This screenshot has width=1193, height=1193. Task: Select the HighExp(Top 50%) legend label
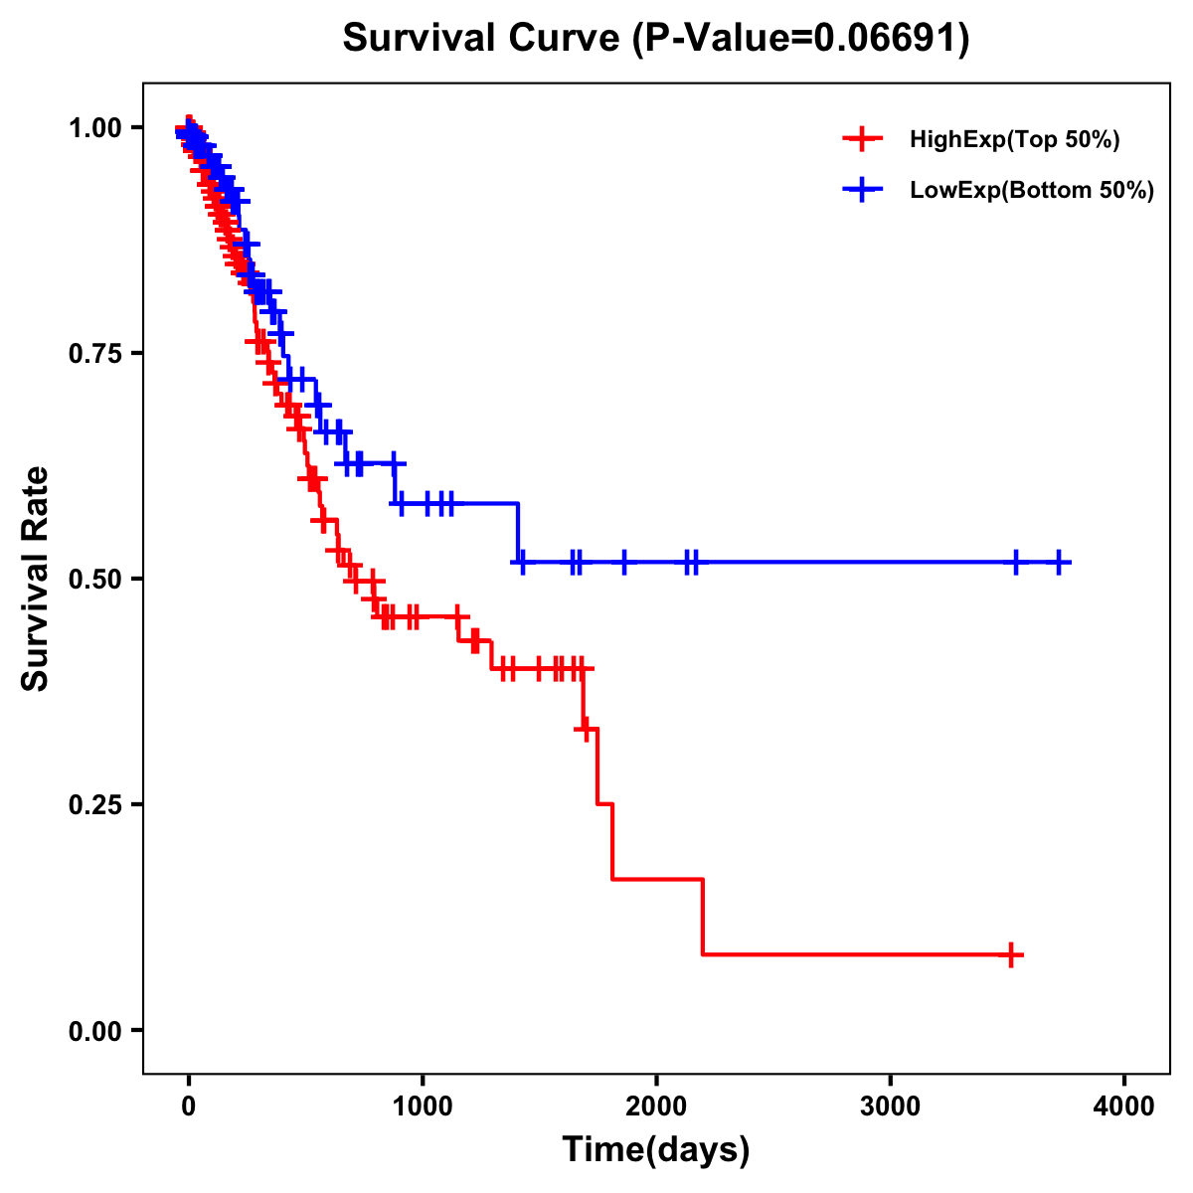tap(1014, 139)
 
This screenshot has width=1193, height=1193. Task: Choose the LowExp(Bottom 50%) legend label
tap(1032, 191)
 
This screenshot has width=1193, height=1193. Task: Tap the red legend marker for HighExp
tap(861, 139)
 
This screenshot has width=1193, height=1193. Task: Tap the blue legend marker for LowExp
tap(861, 191)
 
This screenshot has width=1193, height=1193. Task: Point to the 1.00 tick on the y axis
tap(96, 128)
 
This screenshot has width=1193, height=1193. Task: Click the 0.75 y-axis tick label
tap(96, 354)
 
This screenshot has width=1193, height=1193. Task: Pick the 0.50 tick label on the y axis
tap(96, 580)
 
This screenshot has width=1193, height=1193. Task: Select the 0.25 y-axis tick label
tap(96, 805)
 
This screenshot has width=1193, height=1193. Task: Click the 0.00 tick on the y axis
tap(96, 1031)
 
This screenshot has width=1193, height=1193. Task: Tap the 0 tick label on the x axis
tap(189, 1107)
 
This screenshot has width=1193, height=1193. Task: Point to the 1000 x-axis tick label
tap(423, 1107)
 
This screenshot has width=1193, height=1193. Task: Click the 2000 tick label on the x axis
tap(656, 1107)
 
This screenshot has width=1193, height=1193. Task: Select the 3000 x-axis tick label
tap(890, 1107)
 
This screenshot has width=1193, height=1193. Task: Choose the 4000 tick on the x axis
tap(1123, 1107)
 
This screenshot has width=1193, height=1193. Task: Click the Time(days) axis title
tap(656, 1150)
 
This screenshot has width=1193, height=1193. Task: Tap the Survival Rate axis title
tap(36, 578)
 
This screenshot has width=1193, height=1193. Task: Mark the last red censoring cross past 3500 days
tap(1011, 955)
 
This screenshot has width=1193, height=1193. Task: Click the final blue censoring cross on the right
tap(1060, 563)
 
